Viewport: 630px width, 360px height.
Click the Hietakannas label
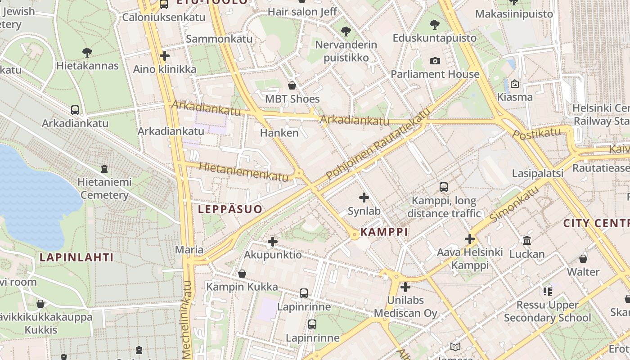pyautogui.click(x=87, y=66)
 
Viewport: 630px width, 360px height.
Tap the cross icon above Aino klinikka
pyautogui.click(x=165, y=56)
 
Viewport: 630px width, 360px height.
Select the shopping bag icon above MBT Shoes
pyautogui.click(x=292, y=85)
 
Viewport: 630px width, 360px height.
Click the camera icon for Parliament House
pyautogui.click(x=435, y=61)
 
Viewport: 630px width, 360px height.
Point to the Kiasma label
pyautogui.click(x=515, y=97)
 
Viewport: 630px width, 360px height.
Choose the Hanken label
pyautogui.click(x=279, y=133)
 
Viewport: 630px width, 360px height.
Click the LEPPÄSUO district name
pyautogui.click(x=230, y=209)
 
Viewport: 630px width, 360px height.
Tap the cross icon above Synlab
pyautogui.click(x=364, y=197)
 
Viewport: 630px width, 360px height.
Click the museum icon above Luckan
pyautogui.click(x=527, y=241)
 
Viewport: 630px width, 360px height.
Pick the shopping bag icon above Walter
pyautogui.click(x=583, y=259)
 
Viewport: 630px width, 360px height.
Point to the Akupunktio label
pyautogui.click(x=273, y=255)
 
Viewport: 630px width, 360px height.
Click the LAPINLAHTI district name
pyautogui.click(x=76, y=257)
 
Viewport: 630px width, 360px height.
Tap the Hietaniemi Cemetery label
pyautogui.click(x=104, y=189)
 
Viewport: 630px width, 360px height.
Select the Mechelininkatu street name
pyautogui.click(x=187, y=319)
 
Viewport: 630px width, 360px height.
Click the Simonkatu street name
pyautogui.click(x=514, y=205)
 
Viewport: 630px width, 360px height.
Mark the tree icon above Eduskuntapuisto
pyautogui.click(x=434, y=25)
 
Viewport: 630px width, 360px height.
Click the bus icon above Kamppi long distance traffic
pyautogui.click(x=444, y=187)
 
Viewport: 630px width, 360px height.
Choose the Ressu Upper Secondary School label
pyautogui.click(x=547, y=311)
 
